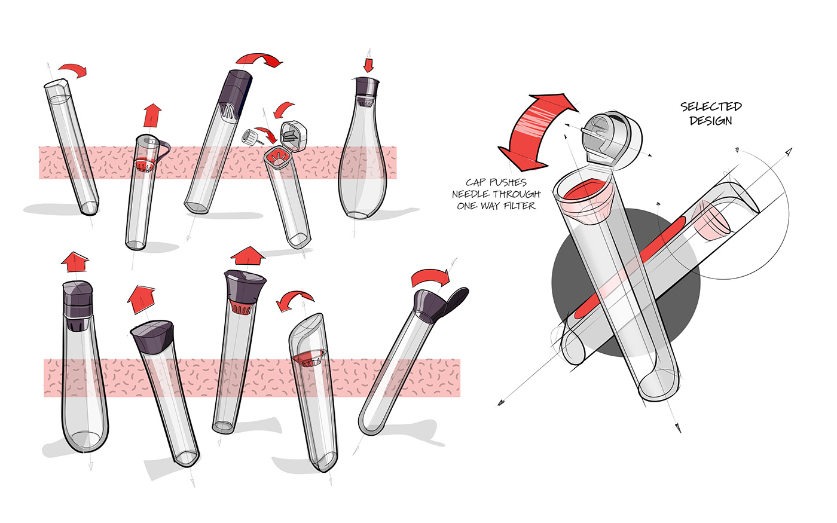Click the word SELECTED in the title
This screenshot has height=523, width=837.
click(711, 107)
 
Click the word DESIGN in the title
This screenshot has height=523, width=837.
click(711, 121)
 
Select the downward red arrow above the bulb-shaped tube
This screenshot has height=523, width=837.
click(368, 65)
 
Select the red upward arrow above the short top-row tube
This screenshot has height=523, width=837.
click(153, 114)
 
